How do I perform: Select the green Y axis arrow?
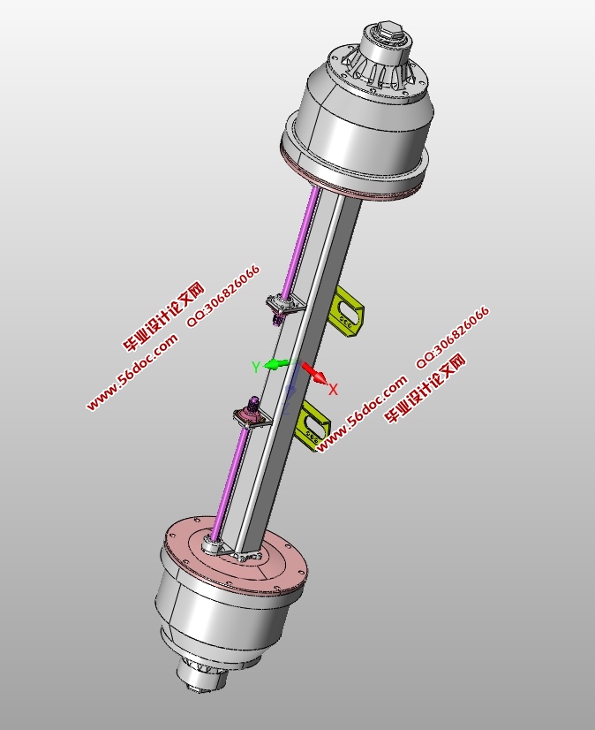(x=277, y=363)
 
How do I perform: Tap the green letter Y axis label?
(x=256, y=367)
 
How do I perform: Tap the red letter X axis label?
(x=334, y=389)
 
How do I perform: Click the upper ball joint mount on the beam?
(x=284, y=306)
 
